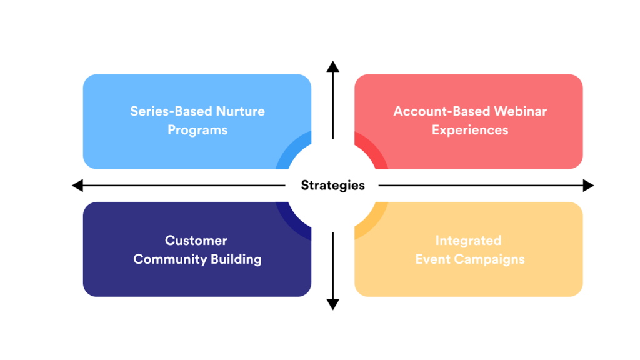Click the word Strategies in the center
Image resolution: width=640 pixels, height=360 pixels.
[x=332, y=185]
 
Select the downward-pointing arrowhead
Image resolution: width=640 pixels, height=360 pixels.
[x=333, y=304]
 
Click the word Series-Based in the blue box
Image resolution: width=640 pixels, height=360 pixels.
[x=170, y=111]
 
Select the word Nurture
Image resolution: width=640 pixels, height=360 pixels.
[x=240, y=111]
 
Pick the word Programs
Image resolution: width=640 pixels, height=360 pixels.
[x=197, y=131]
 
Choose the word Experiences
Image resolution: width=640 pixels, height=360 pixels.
[x=470, y=131]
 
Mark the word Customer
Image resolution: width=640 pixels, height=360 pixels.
[x=196, y=241]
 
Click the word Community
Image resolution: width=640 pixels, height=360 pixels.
[x=166, y=259]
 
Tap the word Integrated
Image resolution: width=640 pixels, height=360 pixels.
[x=468, y=241]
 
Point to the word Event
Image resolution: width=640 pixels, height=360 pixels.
[x=432, y=259]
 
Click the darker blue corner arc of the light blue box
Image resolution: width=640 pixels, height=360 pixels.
[x=294, y=154]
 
